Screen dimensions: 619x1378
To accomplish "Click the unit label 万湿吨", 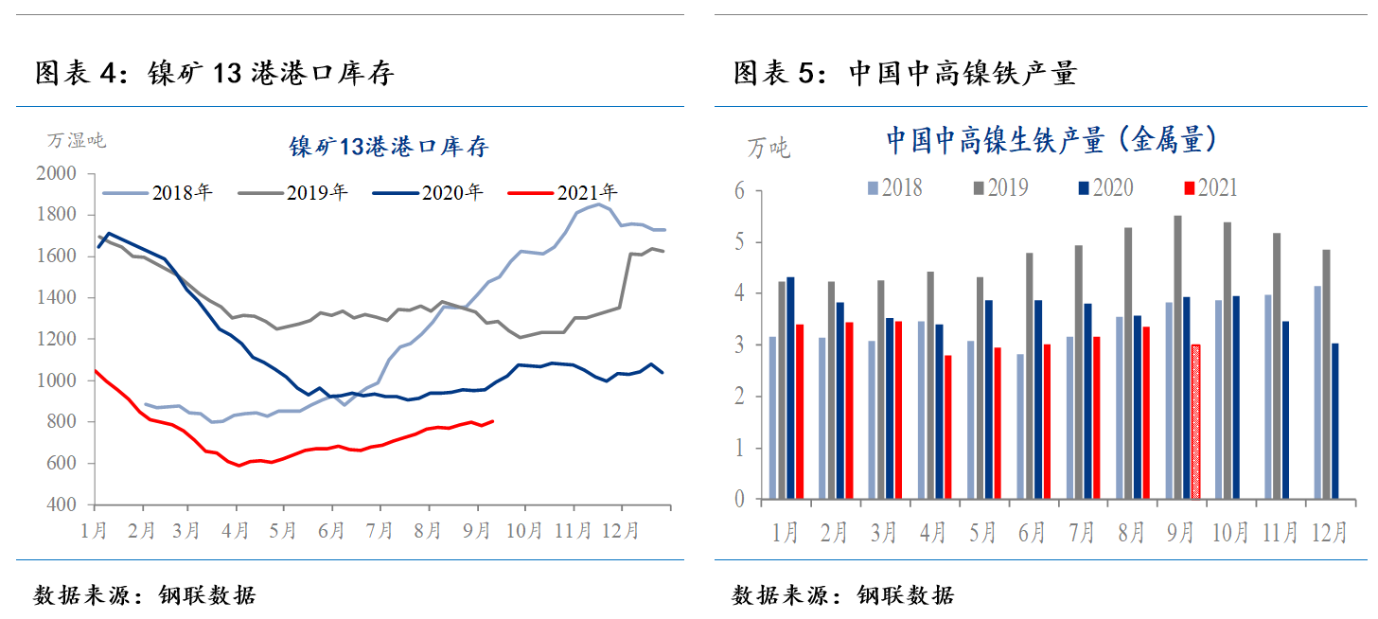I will [x=77, y=141].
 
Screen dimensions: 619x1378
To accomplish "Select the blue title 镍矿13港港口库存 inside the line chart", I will [x=388, y=147].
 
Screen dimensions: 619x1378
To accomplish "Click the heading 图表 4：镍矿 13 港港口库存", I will [x=214, y=73].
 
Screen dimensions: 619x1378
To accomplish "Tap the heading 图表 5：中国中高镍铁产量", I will [x=905, y=73].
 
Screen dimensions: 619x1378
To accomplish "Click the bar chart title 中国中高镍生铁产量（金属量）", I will [x=1051, y=141].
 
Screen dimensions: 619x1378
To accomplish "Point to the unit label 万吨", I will [x=768, y=148].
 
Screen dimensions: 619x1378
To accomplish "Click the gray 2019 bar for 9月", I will [x=1177, y=357].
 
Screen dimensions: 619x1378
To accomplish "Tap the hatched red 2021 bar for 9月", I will [x=1195, y=421].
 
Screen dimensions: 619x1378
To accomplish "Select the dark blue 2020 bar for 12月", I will [x=1334, y=420].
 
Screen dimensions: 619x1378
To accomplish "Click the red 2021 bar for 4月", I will [x=947, y=427].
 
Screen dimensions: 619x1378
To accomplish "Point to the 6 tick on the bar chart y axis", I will [x=739, y=191].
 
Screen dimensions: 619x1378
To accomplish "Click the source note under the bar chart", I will [x=843, y=595].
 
